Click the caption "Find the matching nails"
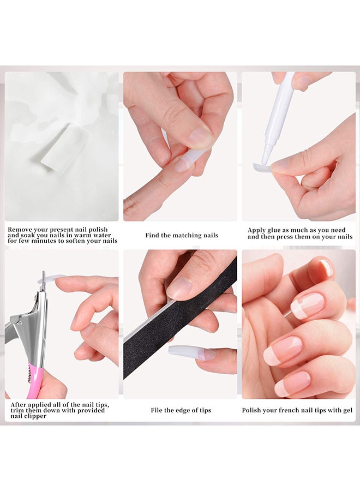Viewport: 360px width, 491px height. [x=181, y=236]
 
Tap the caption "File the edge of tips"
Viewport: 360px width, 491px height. [x=181, y=410]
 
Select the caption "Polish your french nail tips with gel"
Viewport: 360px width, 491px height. [x=298, y=410]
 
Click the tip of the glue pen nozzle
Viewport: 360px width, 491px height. [x=265, y=161]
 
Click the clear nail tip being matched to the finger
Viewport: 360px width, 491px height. [x=188, y=160]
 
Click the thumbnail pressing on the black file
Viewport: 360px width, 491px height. [x=179, y=287]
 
